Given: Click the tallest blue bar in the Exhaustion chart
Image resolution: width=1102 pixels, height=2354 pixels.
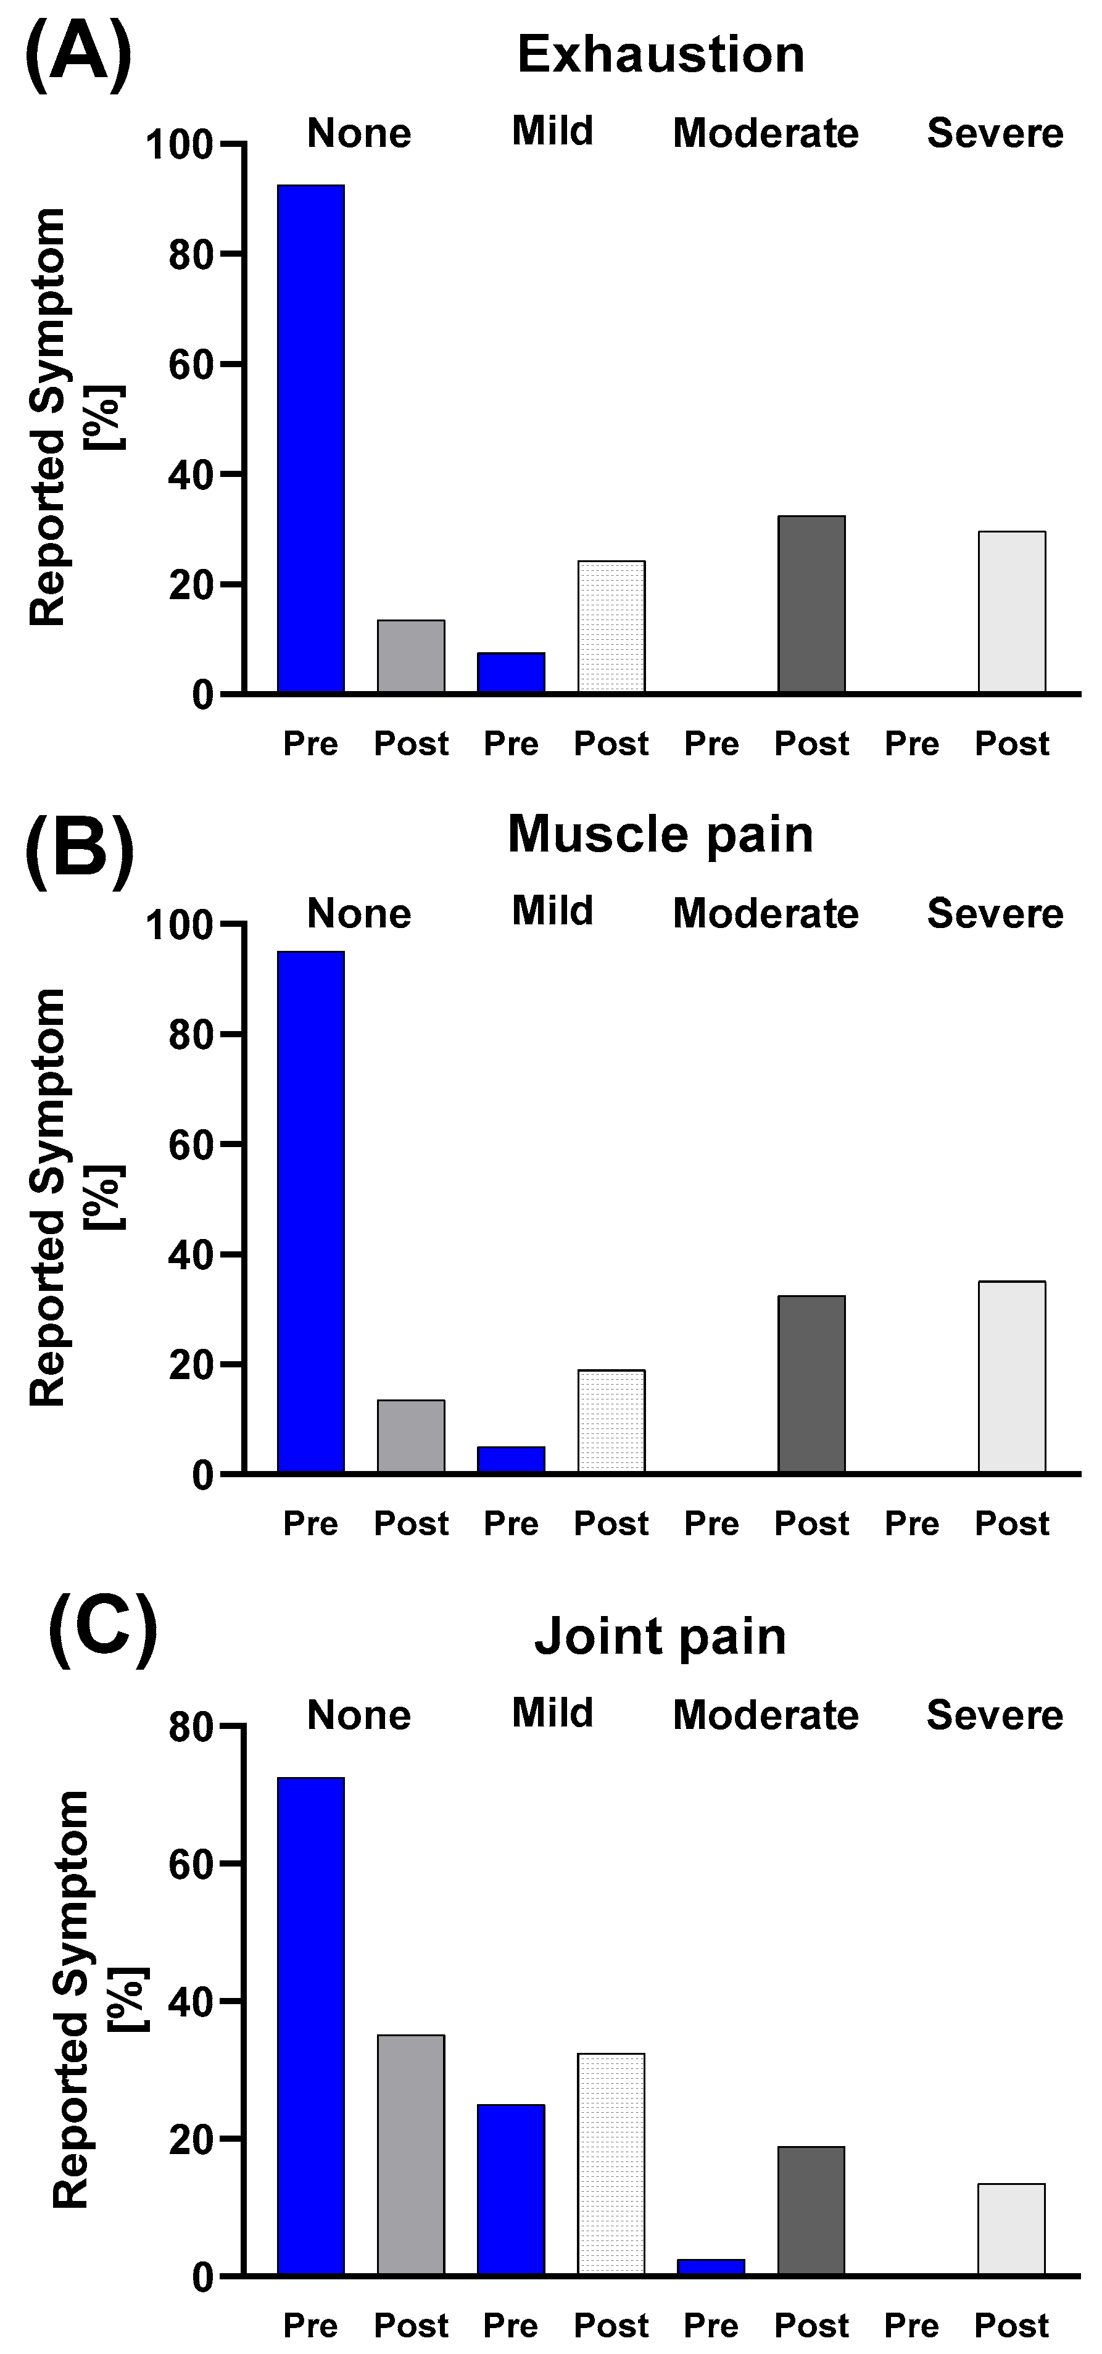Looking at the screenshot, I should [x=311, y=439].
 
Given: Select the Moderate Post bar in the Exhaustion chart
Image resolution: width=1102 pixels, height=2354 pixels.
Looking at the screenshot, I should [x=811, y=604].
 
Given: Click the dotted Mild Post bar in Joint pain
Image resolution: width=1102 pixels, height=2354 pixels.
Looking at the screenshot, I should [x=611, y=2165].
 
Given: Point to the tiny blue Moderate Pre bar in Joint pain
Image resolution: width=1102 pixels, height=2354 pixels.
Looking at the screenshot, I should [x=711, y=2267].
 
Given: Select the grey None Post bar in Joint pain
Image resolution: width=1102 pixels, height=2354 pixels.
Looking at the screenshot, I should [x=411, y=2155].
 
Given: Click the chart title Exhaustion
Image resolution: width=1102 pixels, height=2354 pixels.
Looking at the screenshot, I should [x=661, y=55].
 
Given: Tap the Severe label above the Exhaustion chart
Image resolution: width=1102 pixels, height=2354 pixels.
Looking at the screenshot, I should [x=995, y=133].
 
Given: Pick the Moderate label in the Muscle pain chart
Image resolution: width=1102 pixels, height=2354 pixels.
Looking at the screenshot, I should [x=766, y=914].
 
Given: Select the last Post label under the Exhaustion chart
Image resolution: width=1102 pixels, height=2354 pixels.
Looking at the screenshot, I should [x=1011, y=744].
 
